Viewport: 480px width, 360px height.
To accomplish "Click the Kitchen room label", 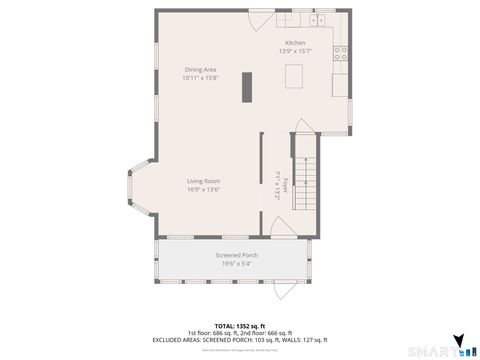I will tap(294, 43).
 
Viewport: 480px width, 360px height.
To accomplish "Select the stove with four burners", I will tap(341, 54).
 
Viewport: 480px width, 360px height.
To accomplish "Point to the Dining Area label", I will tap(200, 69).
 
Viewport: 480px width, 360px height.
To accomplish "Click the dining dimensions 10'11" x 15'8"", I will tap(200, 78).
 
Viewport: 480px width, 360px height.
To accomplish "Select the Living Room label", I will tap(203, 181).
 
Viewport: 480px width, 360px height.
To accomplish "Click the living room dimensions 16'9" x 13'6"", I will tap(203, 190).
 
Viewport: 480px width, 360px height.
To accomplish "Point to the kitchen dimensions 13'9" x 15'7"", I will tap(294, 52).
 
